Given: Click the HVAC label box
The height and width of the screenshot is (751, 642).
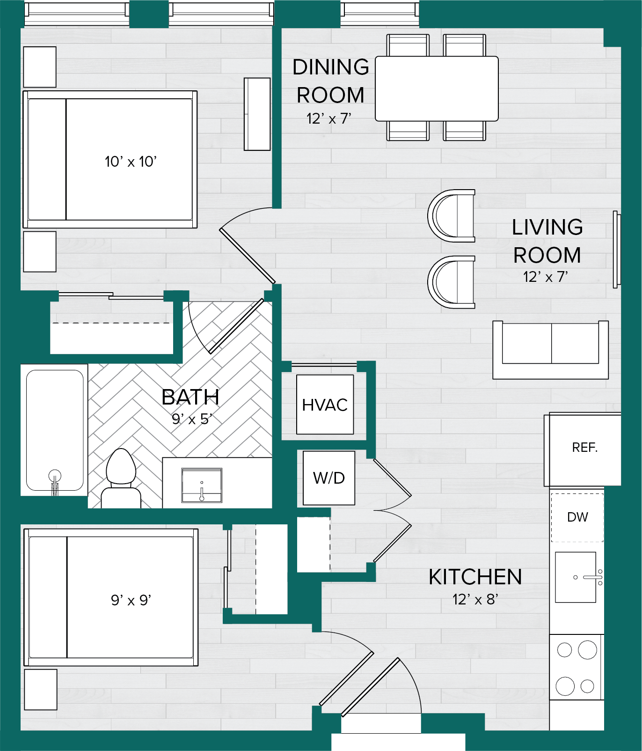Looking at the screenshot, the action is [325, 405].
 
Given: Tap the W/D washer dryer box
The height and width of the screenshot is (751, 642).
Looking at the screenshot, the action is [329, 478].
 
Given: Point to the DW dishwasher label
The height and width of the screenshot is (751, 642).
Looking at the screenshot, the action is [577, 517].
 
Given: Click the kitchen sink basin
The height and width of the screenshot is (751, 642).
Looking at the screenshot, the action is [576, 577].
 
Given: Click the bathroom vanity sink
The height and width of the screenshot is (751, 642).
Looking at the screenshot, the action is [202, 485].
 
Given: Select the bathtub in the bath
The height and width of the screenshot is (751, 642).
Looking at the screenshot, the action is [54, 430].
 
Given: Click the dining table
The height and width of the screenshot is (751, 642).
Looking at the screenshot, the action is [437, 88].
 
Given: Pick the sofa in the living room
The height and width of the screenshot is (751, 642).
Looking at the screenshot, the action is [551, 350].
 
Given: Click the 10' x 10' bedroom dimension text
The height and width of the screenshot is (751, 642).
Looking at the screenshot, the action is [131, 162].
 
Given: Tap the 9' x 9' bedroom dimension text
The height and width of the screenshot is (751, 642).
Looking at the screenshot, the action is [131, 600].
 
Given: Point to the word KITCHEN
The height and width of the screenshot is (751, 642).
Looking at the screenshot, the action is [475, 577].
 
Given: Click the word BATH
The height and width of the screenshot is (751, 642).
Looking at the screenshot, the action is [190, 398].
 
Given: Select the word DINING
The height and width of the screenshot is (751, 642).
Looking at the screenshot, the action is [331, 67].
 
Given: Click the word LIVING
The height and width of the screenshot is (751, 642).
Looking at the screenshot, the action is [547, 227].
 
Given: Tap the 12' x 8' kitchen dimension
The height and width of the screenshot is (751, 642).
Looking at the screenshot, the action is [475, 599].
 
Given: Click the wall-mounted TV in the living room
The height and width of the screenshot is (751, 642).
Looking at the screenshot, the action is [617, 249].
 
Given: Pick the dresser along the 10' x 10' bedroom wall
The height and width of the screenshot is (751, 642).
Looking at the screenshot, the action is [257, 114].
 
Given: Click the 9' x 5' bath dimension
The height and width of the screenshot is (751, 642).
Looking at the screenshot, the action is [192, 419].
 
